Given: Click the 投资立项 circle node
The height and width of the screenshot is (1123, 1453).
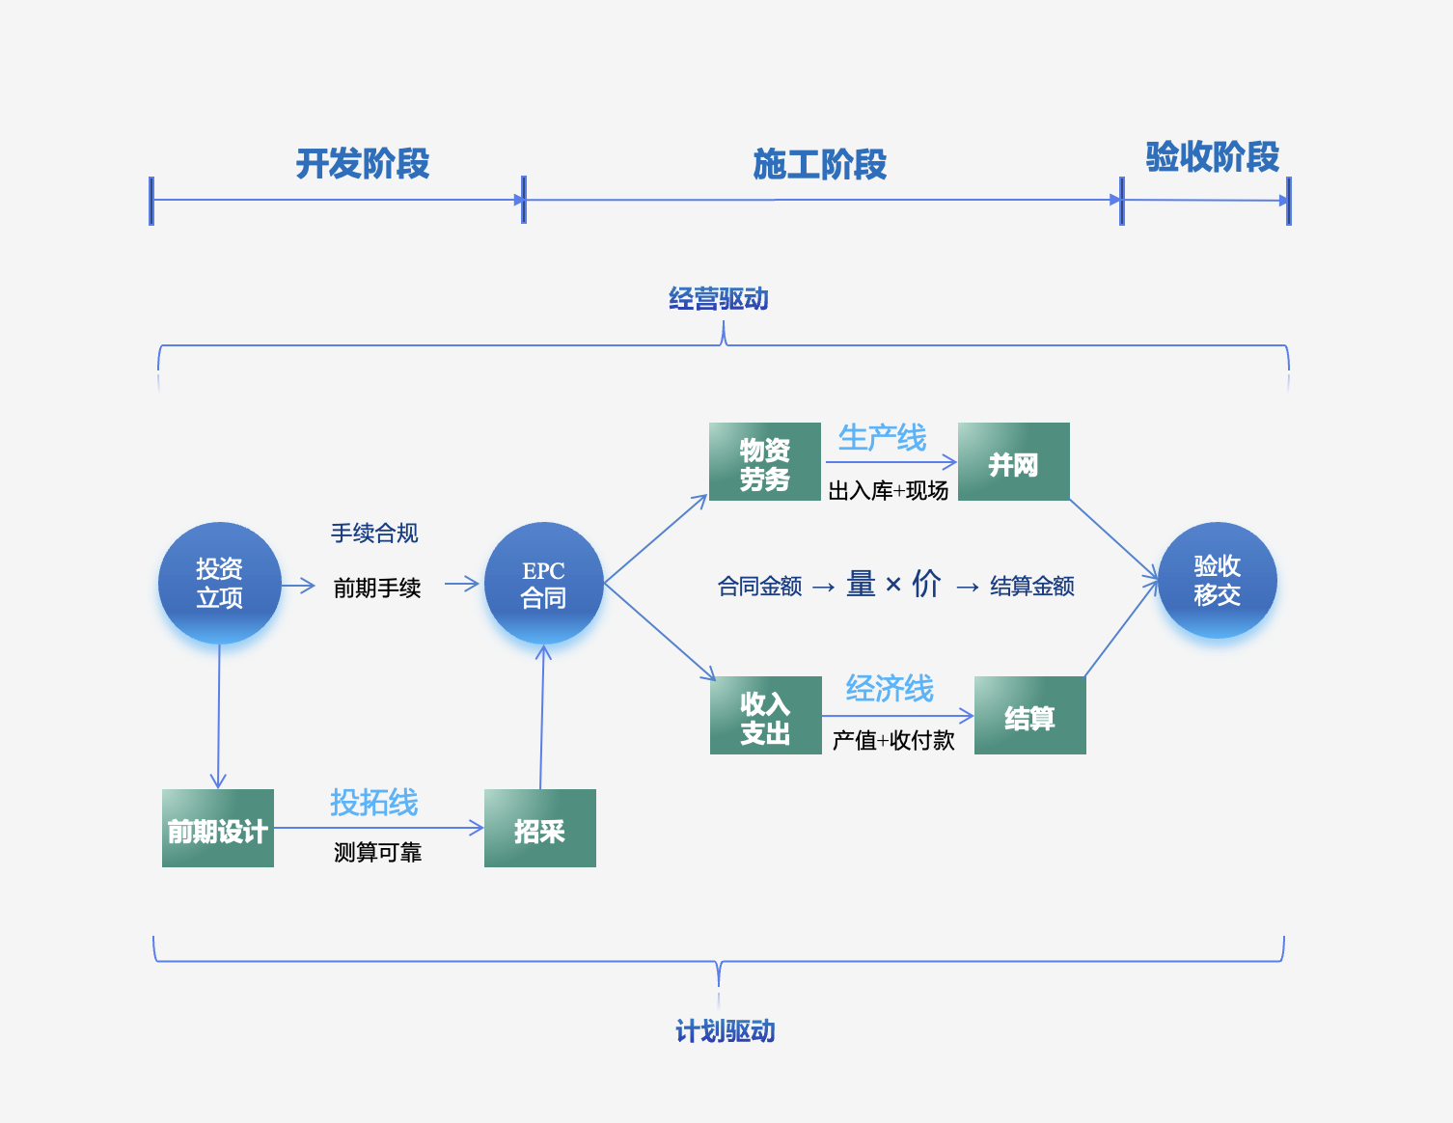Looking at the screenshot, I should (219, 583).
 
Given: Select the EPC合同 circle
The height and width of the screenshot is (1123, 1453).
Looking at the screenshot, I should (543, 584).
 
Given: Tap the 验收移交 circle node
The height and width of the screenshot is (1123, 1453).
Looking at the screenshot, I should (1217, 580).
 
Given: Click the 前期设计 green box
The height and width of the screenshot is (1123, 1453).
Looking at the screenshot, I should (218, 829).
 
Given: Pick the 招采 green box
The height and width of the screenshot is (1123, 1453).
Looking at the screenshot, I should (539, 829).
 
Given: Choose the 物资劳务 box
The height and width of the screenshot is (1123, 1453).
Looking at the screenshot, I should (764, 462).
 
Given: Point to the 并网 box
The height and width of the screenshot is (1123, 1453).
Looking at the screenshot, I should (1013, 462).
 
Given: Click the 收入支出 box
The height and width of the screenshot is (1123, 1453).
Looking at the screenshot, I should (765, 716).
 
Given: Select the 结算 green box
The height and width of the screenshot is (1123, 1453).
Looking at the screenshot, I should (1029, 716).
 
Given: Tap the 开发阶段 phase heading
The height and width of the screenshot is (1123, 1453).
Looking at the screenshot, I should (362, 164).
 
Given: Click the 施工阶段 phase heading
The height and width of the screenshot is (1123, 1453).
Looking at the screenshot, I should (819, 165).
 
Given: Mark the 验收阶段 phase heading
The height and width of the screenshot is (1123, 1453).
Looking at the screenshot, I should (1212, 156).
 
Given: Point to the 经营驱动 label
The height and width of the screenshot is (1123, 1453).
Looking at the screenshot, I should (719, 299).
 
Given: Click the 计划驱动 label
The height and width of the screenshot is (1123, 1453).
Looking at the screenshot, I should (725, 1031).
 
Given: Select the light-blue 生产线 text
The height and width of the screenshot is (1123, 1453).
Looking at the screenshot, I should (882, 438).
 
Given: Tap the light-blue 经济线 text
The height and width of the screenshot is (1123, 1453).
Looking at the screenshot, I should (890, 689).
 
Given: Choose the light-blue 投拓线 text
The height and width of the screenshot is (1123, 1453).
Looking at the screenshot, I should (373, 802).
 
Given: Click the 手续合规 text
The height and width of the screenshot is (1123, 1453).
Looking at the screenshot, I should (374, 533).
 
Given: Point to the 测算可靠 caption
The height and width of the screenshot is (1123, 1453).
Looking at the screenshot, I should (377, 852).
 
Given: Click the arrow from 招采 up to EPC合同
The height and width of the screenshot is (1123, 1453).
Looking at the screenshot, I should (542, 719).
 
